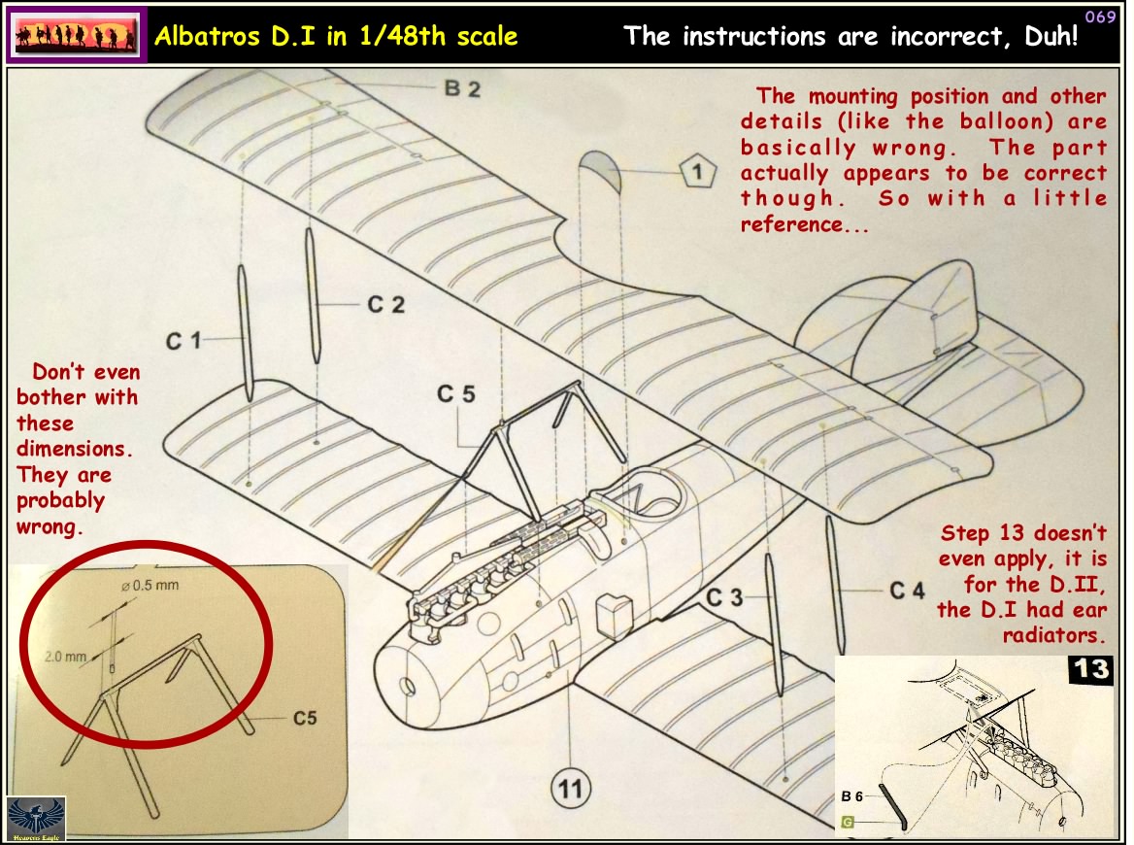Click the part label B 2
tap(462, 89)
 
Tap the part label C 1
tap(183, 341)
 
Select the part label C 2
tap(385, 305)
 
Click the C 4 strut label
tap(907, 591)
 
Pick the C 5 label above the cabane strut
tap(456, 394)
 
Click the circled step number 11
tap(571, 790)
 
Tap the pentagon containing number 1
tap(695, 174)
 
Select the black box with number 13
tap(1089, 671)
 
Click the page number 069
tap(1099, 17)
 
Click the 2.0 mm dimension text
tap(66, 658)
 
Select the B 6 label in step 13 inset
tap(852, 795)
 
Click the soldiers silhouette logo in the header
tap(76, 36)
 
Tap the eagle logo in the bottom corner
tap(36, 818)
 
